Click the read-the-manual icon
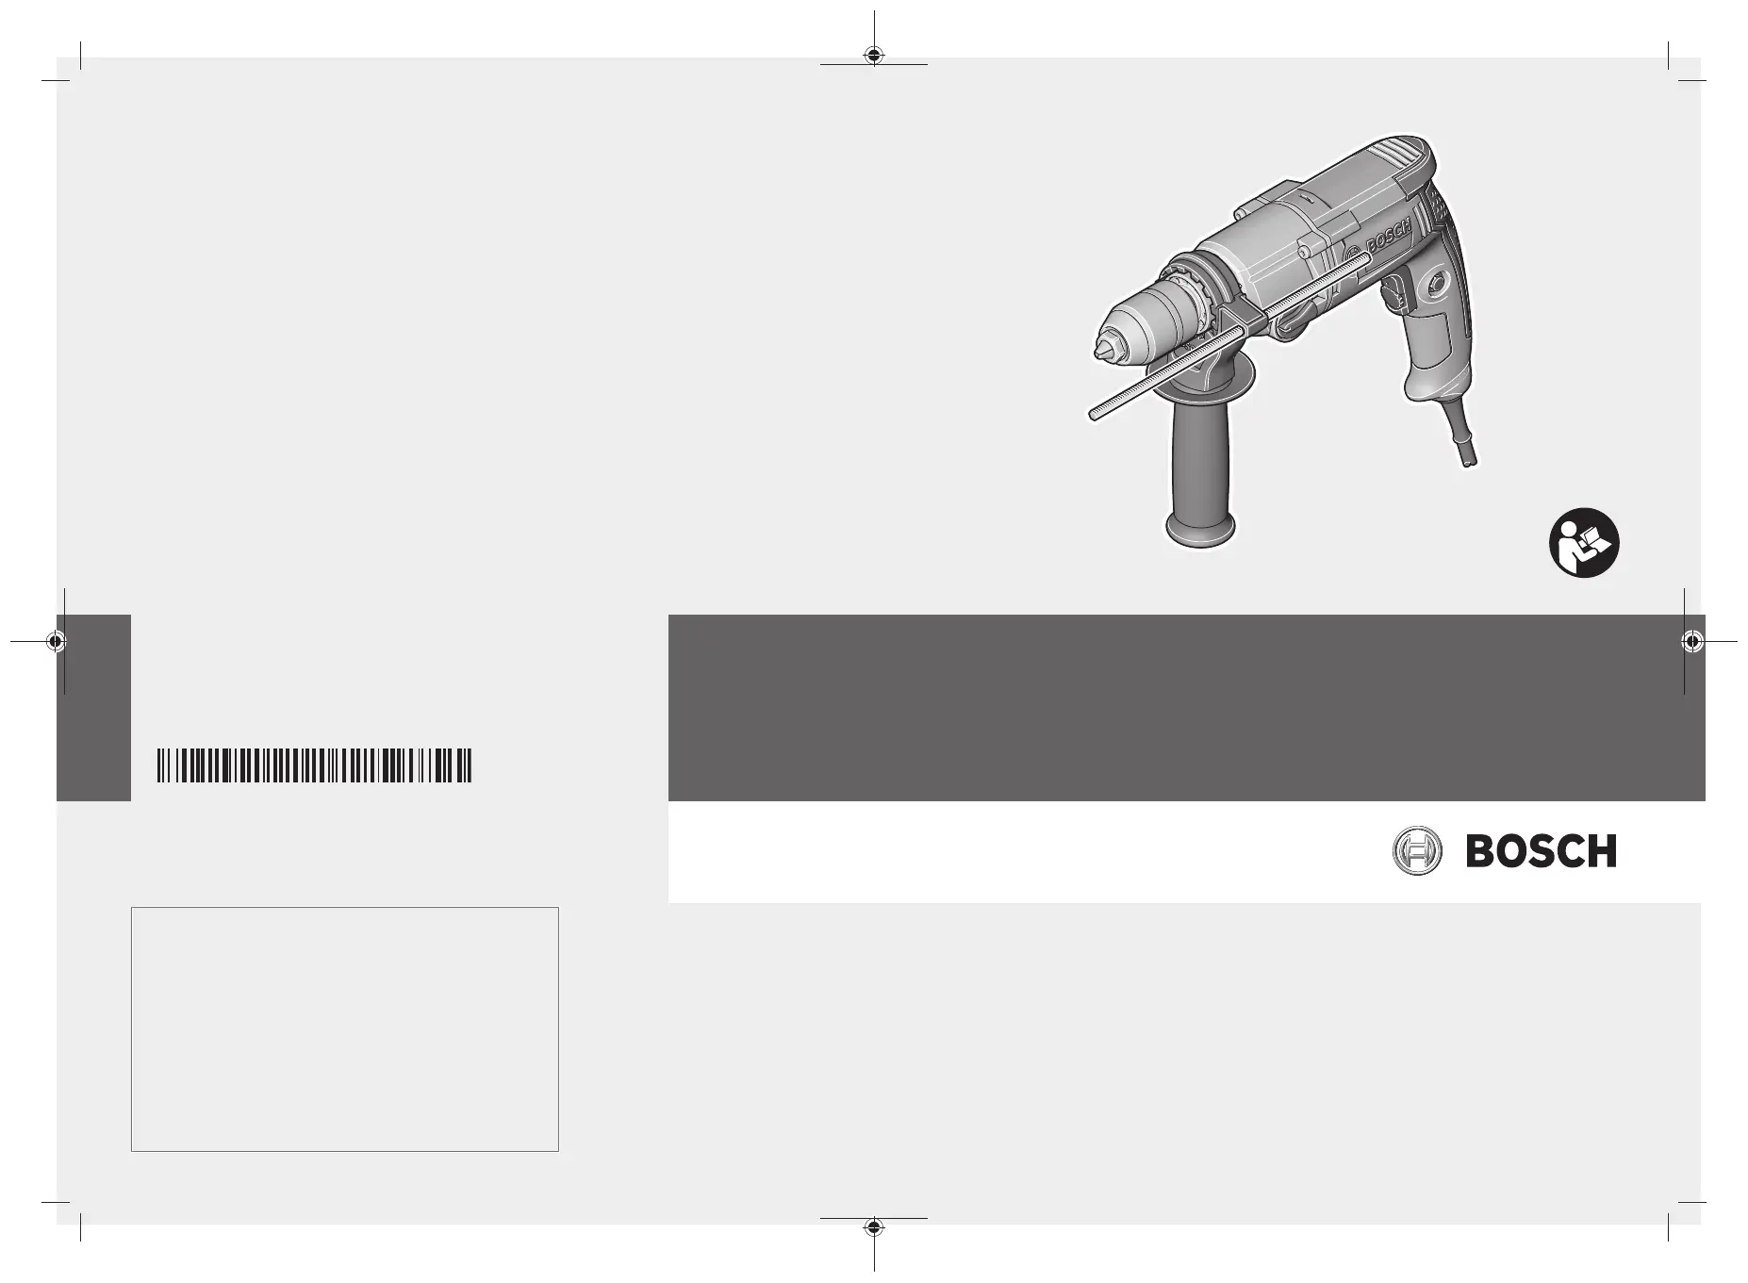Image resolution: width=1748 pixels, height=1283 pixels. [x=1584, y=544]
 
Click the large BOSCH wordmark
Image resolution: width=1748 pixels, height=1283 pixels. [x=1541, y=851]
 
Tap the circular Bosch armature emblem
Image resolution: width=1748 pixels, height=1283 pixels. [x=1417, y=851]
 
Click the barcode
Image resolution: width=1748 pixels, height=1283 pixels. [x=314, y=765]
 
